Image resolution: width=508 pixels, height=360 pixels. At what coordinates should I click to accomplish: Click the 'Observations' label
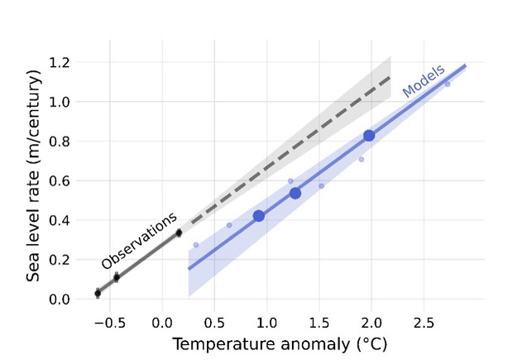[139, 241]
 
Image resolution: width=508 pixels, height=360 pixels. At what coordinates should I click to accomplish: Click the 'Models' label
[424, 81]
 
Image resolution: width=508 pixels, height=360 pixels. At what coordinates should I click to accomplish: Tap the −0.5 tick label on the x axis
[106, 319]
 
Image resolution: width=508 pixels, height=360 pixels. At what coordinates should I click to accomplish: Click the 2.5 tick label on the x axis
[424, 319]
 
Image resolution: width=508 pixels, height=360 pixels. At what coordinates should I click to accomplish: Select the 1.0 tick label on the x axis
[266, 319]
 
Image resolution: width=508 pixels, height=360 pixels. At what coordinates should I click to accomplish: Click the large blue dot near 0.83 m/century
[369, 136]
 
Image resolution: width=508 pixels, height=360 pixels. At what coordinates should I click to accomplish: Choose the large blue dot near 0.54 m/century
[295, 193]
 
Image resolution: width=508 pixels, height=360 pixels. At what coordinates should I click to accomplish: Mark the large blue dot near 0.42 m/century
[258, 216]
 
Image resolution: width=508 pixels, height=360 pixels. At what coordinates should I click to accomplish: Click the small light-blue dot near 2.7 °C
[448, 84]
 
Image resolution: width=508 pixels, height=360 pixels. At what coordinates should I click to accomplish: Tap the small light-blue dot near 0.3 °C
[196, 245]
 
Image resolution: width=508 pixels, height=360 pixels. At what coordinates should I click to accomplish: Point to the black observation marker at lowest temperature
[98, 293]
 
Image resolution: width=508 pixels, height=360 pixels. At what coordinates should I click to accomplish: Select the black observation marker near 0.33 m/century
[179, 233]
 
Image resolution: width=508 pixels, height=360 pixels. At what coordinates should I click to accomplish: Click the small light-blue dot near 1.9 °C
[361, 160]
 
